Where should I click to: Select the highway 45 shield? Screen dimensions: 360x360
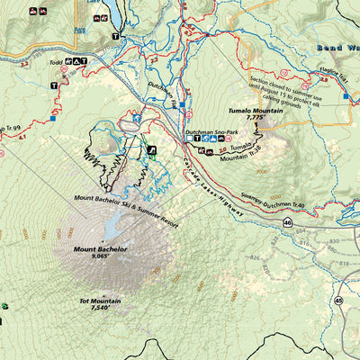click(338, 301)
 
